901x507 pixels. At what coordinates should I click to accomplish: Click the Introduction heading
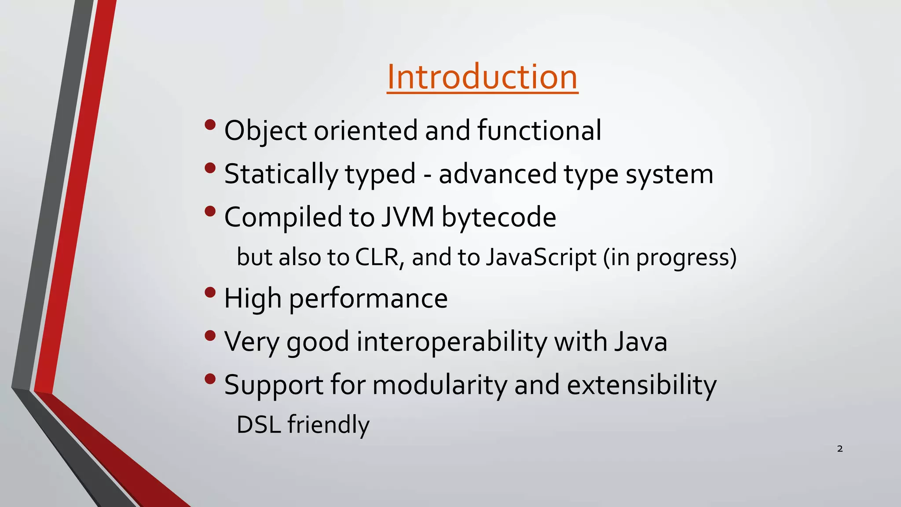482,77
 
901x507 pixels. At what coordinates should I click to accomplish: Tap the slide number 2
839,449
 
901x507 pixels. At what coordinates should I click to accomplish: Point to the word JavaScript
541,257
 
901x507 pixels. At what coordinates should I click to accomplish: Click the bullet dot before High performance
210,292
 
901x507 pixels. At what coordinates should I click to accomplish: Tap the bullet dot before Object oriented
210,125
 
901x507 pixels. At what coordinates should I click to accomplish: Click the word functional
539,130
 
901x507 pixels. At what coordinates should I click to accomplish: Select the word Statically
281,174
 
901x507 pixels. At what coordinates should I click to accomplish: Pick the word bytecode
498,217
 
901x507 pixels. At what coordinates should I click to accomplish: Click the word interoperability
451,342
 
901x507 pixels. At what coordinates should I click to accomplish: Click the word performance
368,298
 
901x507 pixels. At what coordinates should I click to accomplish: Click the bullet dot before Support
210,378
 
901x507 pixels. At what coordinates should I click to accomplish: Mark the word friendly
329,425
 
